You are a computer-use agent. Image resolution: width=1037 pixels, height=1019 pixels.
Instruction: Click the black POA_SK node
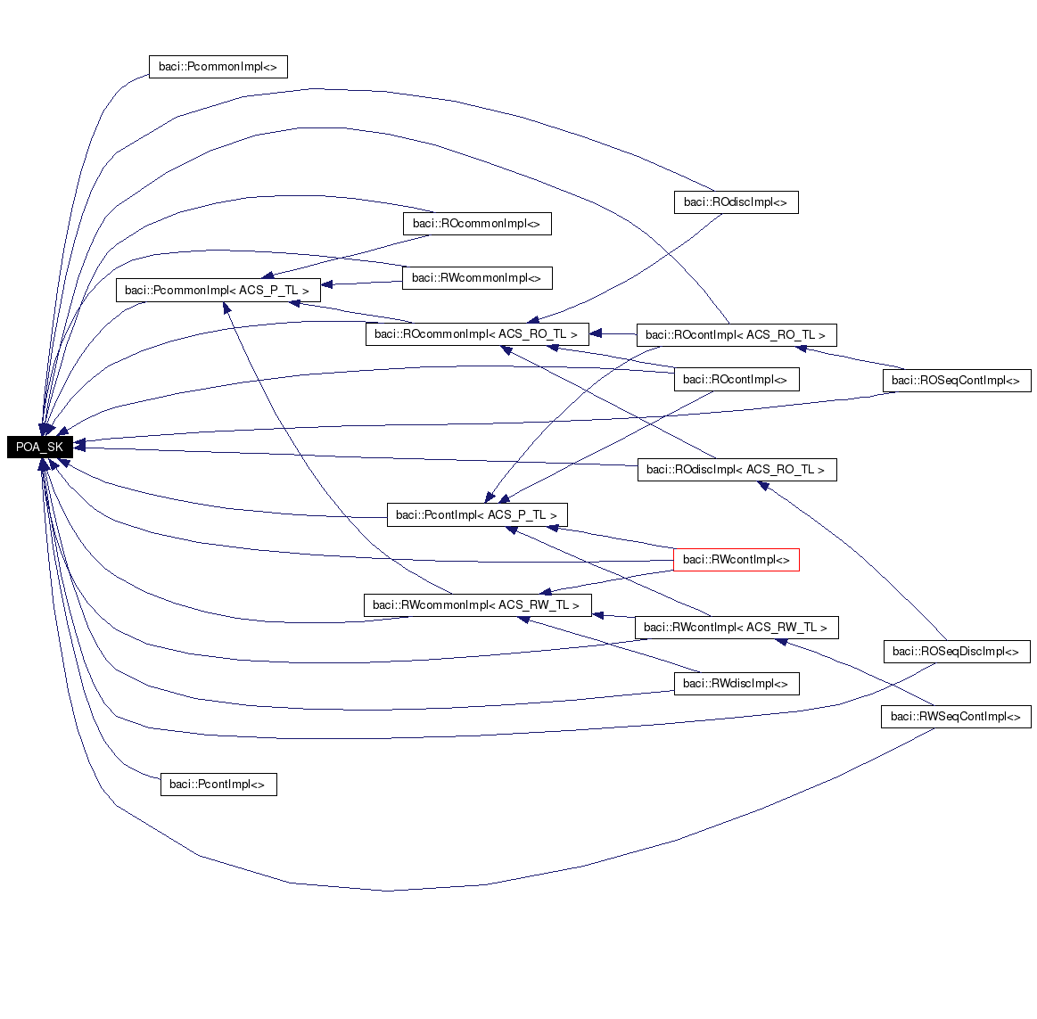(x=39, y=447)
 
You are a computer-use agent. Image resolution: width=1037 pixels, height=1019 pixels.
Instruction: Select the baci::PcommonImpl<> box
(x=218, y=67)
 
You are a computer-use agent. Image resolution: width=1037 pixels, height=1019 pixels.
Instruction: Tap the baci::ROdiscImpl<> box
(x=736, y=202)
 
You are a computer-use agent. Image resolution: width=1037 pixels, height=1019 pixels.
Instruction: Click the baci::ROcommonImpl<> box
(x=476, y=224)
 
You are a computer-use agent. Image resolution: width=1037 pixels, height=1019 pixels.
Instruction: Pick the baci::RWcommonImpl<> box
(x=476, y=278)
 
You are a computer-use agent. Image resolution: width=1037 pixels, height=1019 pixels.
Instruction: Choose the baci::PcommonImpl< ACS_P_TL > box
(x=218, y=291)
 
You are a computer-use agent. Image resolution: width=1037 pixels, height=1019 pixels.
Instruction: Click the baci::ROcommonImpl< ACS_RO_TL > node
(x=476, y=334)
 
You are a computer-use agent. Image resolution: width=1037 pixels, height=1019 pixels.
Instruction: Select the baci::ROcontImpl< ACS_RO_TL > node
(x=736, y=335)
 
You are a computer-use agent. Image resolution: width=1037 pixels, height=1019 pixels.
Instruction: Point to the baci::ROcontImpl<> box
(x=736, y=380)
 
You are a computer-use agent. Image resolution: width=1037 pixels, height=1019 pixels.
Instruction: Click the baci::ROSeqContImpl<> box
(x=956, y=381)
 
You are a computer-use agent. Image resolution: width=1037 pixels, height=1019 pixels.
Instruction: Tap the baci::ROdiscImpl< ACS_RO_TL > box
(x=737, y=470)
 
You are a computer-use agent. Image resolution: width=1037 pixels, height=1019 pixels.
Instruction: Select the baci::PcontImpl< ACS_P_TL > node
(x=476, y=515)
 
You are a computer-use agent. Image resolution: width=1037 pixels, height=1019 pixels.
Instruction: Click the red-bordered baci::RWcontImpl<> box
(x=736, y=560)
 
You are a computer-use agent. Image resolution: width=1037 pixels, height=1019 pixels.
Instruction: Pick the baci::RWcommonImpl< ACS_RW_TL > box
(x=476, y=605)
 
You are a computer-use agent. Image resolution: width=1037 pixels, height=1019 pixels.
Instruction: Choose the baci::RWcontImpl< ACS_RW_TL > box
(x=736, y=628)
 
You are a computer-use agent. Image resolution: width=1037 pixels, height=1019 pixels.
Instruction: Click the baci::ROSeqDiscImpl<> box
(x=956, y=652)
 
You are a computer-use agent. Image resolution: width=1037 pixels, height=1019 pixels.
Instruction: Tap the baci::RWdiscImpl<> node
(x=736, y=684)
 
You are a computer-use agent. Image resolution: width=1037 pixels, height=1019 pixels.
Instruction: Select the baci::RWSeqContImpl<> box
(x=956, y=717)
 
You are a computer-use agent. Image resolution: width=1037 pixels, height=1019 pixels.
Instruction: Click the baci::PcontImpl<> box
(x=218, y=785)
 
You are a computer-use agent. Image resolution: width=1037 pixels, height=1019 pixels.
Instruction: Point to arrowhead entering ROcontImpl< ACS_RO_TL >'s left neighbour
(x=596, y=334)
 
